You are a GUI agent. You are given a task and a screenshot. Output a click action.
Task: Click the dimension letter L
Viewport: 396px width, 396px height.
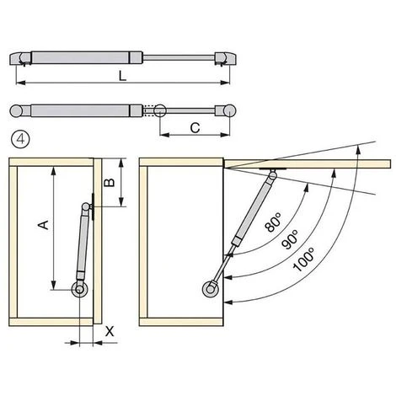pos(122,76)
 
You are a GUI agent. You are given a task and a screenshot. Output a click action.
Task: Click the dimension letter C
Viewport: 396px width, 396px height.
pos(195,128)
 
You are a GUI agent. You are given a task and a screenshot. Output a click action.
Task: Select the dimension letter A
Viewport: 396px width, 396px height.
pos(44,225)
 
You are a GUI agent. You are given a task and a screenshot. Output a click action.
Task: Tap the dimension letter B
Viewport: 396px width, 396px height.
pos(110,183)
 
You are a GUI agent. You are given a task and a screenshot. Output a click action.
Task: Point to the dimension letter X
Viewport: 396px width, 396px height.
pos(110,332)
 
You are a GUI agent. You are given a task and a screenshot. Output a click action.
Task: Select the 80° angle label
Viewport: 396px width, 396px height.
pos(272,222)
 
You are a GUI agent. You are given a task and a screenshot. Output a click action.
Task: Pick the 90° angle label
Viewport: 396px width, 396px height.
pos(290,239)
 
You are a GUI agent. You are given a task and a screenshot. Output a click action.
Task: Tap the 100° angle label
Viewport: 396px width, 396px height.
pos(302,260)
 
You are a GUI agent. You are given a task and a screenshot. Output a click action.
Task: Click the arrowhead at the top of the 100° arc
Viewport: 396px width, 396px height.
pos(358,149)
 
